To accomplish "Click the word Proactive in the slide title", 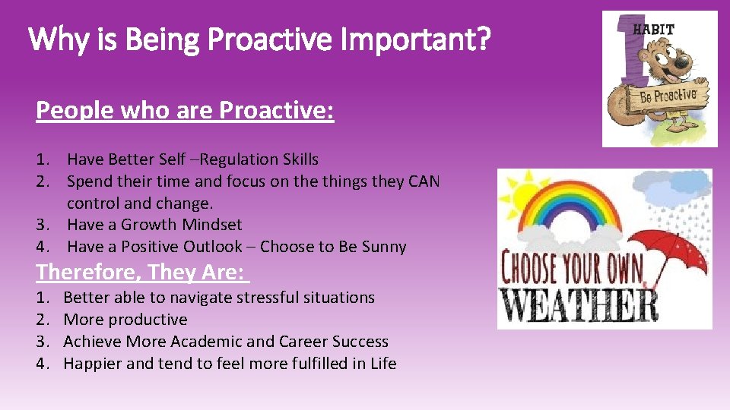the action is (269, 40).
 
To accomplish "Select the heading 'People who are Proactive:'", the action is (185, 111).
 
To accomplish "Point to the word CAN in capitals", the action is (424, 181).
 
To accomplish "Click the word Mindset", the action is (212, 225).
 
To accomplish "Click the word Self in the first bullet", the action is (173, 159).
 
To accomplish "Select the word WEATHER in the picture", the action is (579, 305).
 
